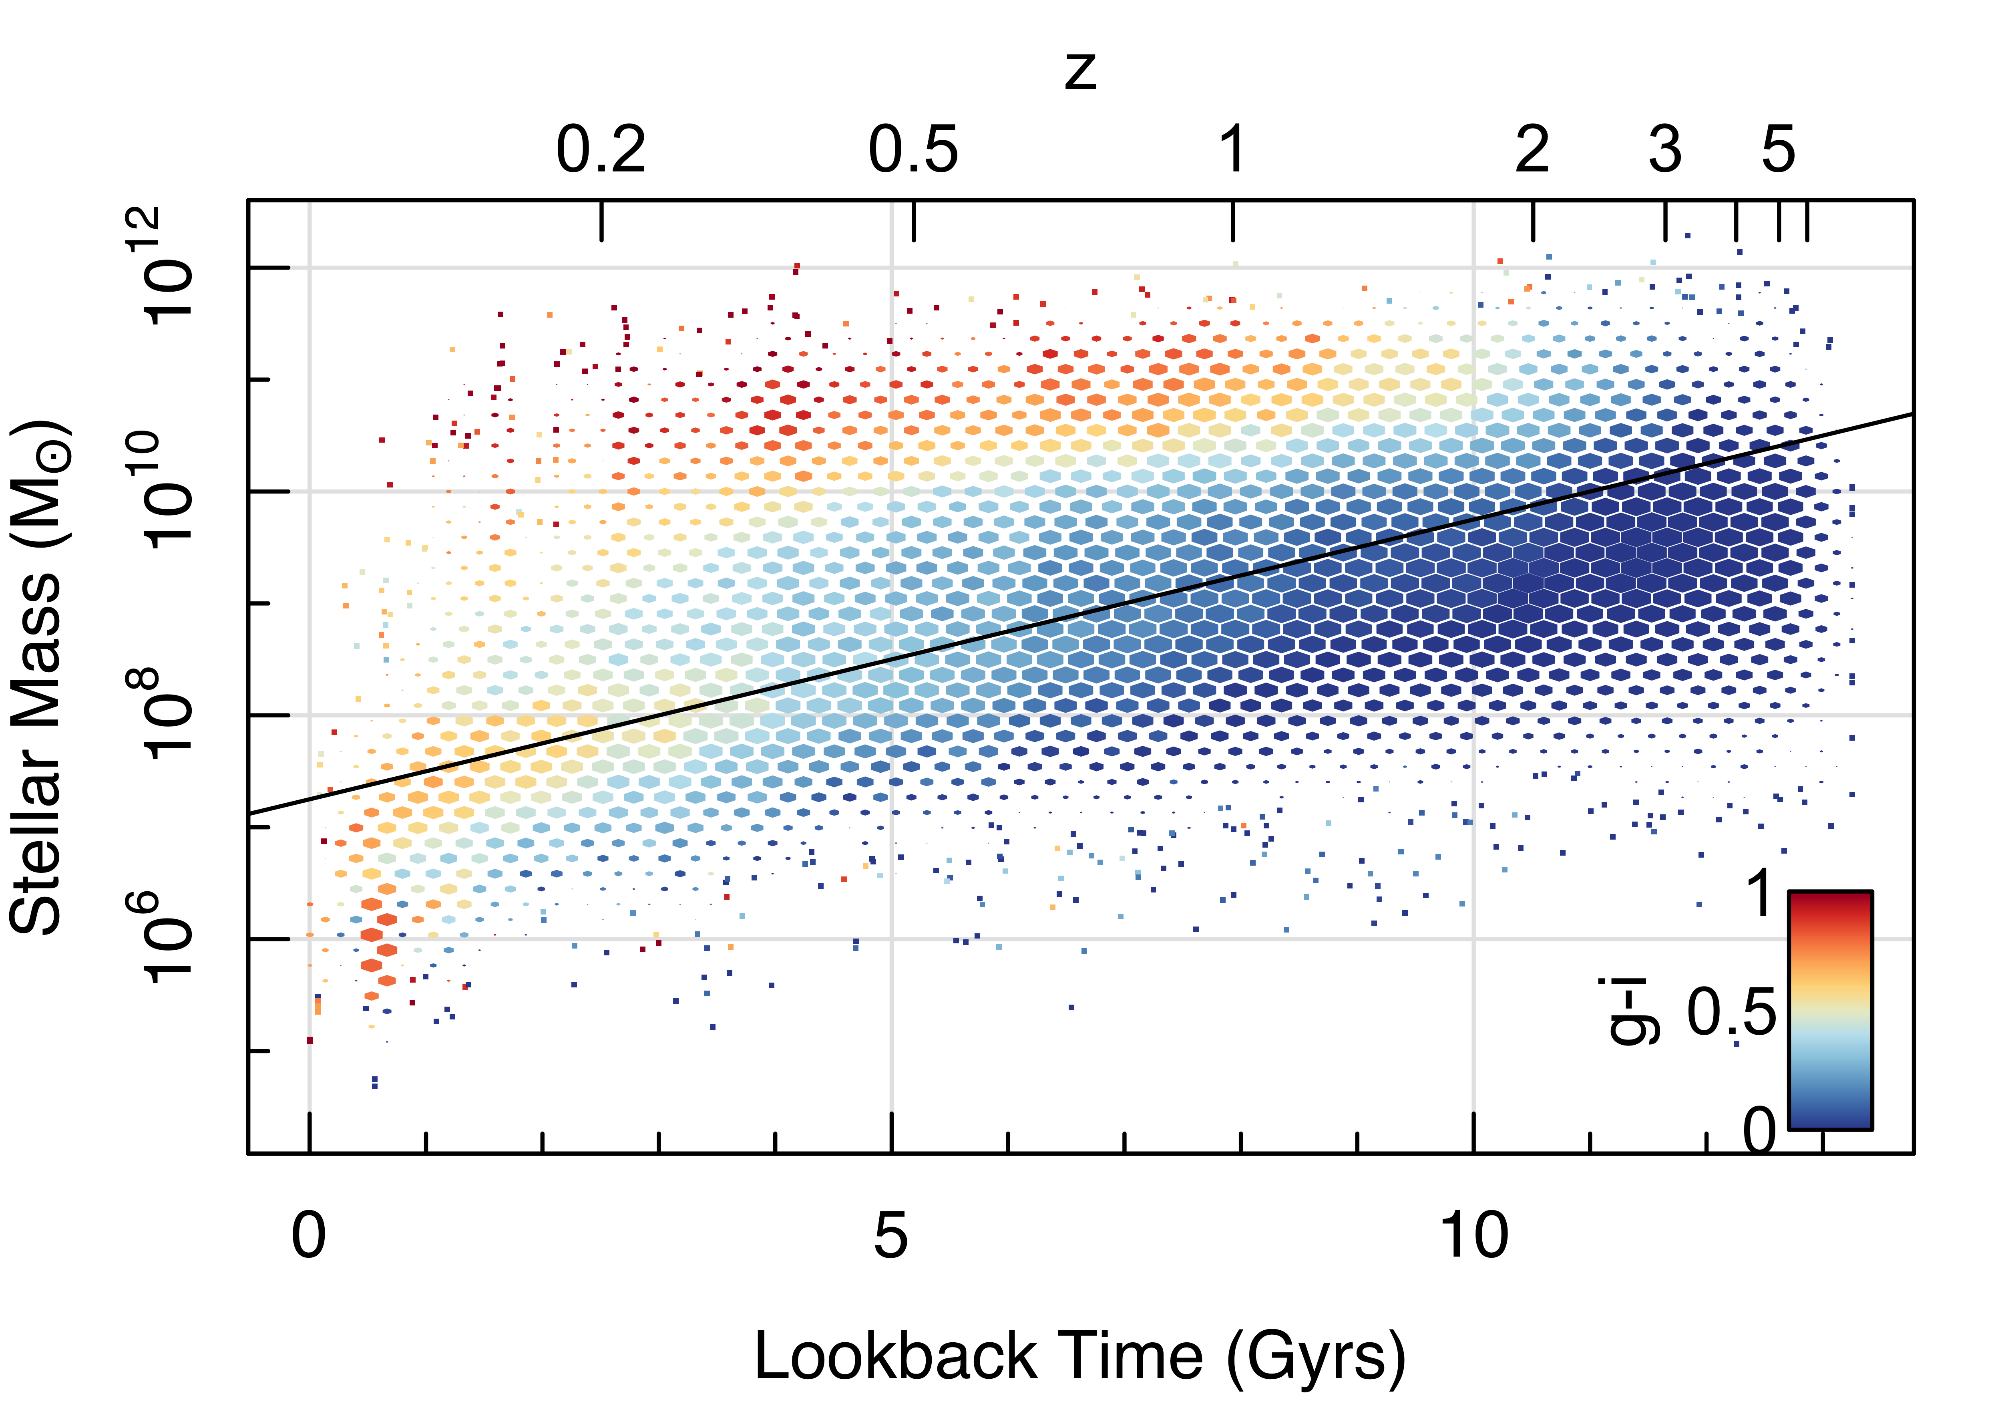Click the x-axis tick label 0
(x=309, y=1235)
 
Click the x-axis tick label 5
(x=890, y=1235)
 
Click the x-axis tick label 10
(x=1473, y=1235)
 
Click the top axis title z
(x=1080, y=72)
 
